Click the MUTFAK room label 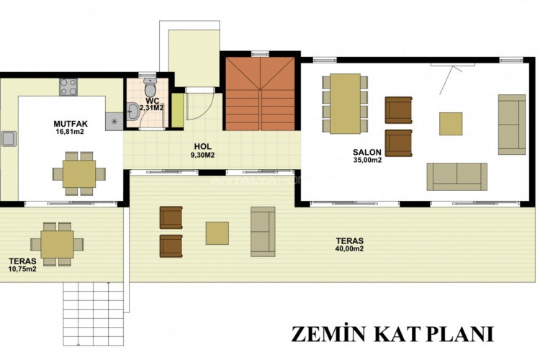pyautogui.click(x=71, y=124)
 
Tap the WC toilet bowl pyautogui.click(x=150, y=86)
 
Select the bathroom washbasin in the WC pyautogui.click(x=132, y=112)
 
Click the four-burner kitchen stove pyautogui.click(x=68, y=87)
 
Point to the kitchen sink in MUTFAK pyautogui.click(x=9, y=138)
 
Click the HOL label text pyautogui.click(x=203, y=147)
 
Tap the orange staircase pyautogui.click(x=261, y=94)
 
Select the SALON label pyautogui.click(x=366, y=152)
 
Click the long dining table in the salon pyautogui.click(x=345, y=104)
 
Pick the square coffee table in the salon pyautogui.click(x=451, y=124)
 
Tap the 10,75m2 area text pyautogui.click(x=23, y=269)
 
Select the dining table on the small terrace pyautogui.click(x=57, y=244)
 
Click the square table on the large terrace pyautogui.click(x=217, y=233)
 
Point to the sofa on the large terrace pyautogui.click(x=263, y=232)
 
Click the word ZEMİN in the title pyautogui.click(x=328, y=334)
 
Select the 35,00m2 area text pyautogui.click(x=367, y=160)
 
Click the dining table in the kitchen pyautogui.click(x=79, y=174)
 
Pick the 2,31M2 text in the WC pyautogui.click(x=151, y=108)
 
